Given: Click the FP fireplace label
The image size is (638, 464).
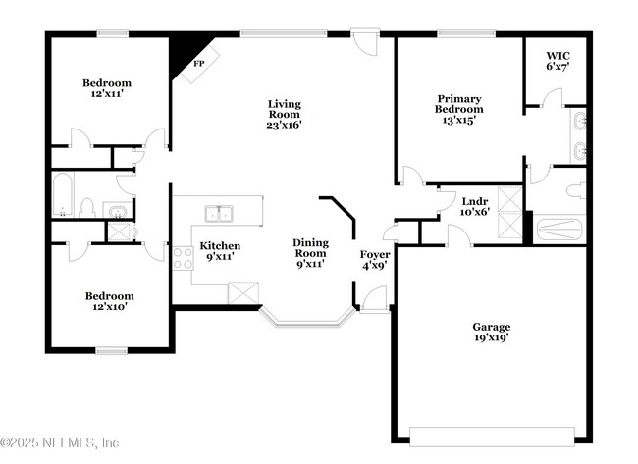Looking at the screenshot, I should [198, 64].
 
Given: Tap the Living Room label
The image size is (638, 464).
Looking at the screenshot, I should [285, 114].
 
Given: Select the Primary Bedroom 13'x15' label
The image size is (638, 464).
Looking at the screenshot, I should [459, 103].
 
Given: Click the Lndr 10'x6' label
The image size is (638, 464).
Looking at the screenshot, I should [475, 206].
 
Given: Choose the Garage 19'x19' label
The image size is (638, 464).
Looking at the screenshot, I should [491, 333].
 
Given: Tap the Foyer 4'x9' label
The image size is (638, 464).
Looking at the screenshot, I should [375, 260].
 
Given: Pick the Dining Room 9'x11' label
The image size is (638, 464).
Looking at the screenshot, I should [310, 253].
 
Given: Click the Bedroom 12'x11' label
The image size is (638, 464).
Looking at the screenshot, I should [106, 89].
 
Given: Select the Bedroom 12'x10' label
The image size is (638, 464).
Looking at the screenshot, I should [108, 300].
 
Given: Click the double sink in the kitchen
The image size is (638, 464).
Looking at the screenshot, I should [218, 213].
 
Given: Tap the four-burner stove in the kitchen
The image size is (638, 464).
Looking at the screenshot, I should [183, 258].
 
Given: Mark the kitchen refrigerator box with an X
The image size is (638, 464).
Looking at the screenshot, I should [241, 293].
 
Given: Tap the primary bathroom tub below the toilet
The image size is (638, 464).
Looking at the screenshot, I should [560, 230].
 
